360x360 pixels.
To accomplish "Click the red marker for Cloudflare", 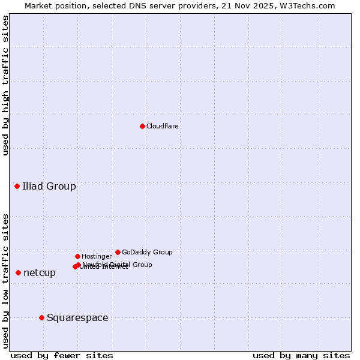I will point(142,126).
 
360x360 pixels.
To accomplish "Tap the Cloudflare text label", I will point(162,126).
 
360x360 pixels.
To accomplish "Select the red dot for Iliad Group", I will point(17,186).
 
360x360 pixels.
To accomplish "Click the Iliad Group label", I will point(49,186).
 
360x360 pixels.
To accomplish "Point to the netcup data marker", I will point(18,272).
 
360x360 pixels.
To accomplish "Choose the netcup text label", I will point(40,272).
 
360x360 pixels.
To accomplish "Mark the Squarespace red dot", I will point(41,317).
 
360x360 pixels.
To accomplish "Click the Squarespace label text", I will point(77,317).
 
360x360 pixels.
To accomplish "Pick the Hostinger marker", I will point(77,256).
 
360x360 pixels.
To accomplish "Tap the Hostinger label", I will point(97,256).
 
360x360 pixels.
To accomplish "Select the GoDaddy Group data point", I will point(118,252).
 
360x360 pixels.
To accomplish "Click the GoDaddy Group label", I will point(147,252).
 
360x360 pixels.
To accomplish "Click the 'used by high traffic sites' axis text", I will point(5,85).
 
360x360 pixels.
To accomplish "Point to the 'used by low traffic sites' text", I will point(5,281).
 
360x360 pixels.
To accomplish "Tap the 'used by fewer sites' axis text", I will point(62,355).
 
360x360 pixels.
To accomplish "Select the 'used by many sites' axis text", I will point(301,355).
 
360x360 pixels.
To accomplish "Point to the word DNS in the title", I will point(136,5).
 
